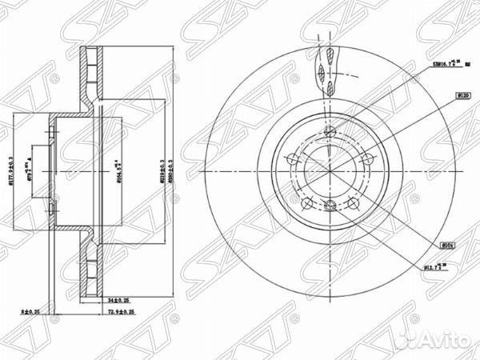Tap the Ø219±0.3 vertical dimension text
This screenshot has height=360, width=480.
pyautogui.click(x=159, y=170)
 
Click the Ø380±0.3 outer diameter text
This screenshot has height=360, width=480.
pyautogui.click(x=169, y=170)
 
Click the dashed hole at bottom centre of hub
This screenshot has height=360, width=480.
pyautogui.click(x=330, y=206)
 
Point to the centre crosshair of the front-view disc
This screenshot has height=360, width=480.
pyautogui.click(x=330, y=172)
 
